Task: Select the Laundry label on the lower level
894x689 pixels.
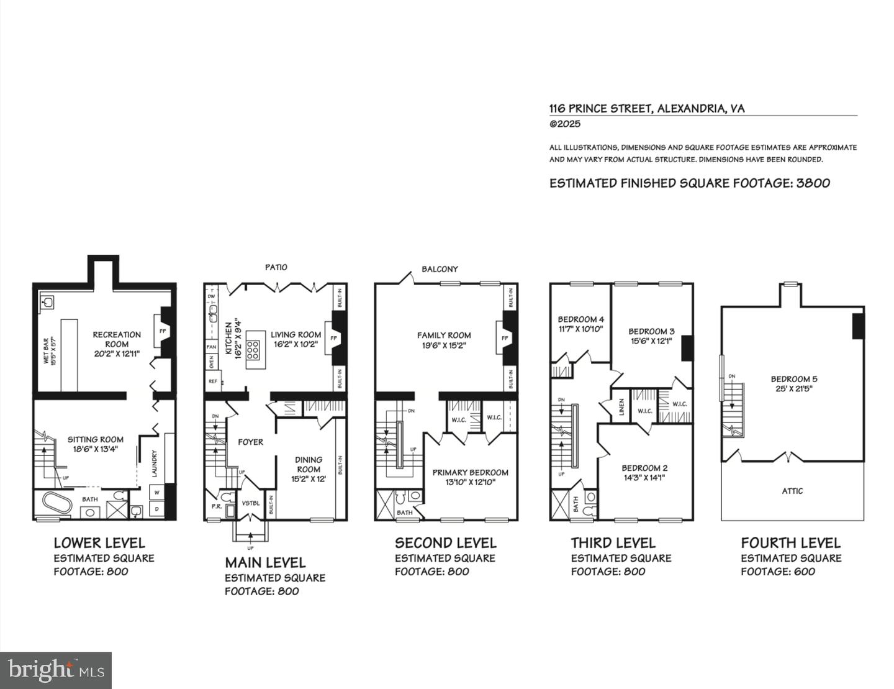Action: click(x=154, y=463)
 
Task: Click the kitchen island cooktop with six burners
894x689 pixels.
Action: click(x=253, y=350)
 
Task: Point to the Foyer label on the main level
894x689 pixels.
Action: click(x=250, y=442)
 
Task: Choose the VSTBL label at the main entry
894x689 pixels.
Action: click(x=250, y=503)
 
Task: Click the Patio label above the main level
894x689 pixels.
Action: click(x=276, y=267)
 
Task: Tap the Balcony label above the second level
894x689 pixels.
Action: click(x=440, y=269)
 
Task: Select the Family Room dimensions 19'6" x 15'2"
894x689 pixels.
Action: click(x=444, y=345)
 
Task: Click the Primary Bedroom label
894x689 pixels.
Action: click(x=470, y=472)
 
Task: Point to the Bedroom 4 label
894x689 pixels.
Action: click(x=580, y=319)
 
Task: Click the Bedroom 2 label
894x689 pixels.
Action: click(x=644, y=468)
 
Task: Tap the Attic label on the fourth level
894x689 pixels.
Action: click(x=792, y=491)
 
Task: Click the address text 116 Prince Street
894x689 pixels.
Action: click(x=600, y=109)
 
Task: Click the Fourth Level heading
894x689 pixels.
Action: click(x=790, y=543)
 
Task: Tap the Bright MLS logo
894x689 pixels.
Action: click(x=56, y=670)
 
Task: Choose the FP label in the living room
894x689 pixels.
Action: click(x=333, y=338)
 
